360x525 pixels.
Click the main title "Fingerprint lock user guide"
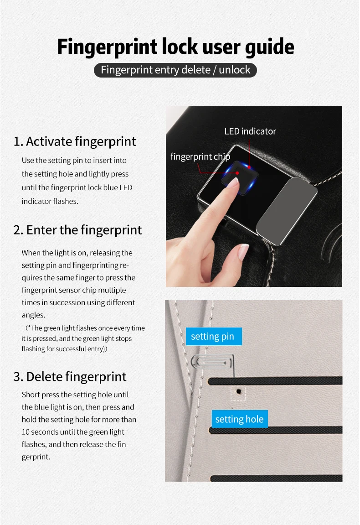[x=175, y=47]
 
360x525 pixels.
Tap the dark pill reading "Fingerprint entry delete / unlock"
[x=175, y=70]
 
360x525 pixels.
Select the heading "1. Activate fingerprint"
[x=75, y=142]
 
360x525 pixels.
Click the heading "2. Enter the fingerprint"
[x=77, y=230]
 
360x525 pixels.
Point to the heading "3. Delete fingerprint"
[x=70, y=377]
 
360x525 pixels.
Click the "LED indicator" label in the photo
[x=250, y=131]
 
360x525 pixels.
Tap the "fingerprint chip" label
[x=200, y=157]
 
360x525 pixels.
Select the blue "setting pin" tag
[x=213, y=337]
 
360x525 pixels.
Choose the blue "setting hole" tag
[x=240, y=419]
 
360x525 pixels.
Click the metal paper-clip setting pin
[x=212, y=362]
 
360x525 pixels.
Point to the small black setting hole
[x=238, y=391]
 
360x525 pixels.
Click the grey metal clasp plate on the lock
[x=287, y=211]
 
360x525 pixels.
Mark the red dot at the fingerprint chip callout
[x=237, y=173]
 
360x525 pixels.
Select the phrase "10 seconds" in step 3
[x=40, y=432]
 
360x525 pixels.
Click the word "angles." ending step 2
[x=33, y=315]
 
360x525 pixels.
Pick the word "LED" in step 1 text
[x=126, y=187]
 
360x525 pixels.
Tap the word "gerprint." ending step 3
[x=36, y=457]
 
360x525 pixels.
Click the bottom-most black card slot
[x=276, y=478]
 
